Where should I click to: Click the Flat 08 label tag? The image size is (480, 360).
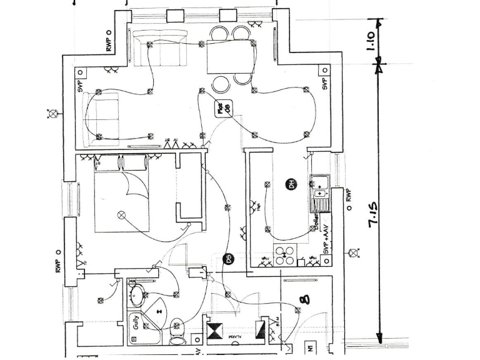pos(223,109)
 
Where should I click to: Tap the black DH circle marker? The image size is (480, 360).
pos(291,184)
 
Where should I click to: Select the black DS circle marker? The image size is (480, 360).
pos(229,258)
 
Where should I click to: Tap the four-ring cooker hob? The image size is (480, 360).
pos(286,254)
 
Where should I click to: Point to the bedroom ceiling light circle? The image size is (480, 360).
pos(122,215)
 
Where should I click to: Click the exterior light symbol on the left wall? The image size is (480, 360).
pos(53,113)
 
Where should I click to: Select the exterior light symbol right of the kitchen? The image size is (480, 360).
pos(354,253)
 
